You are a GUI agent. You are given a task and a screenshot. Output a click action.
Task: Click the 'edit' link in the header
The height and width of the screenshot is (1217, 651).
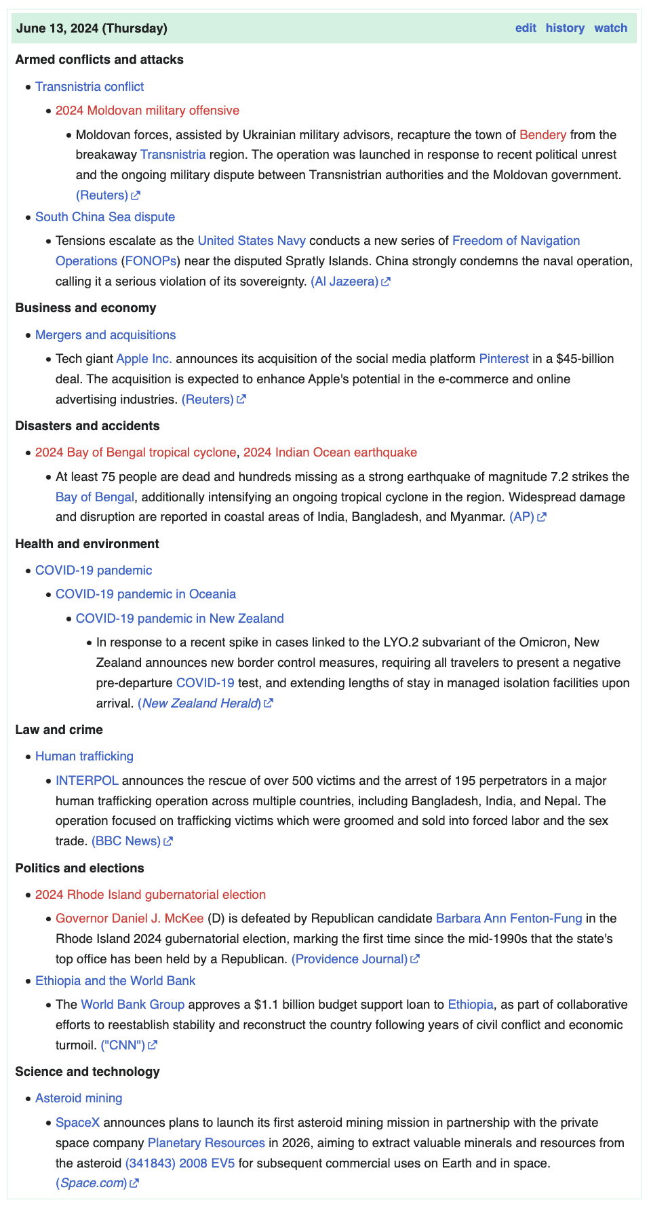tap(526, 28)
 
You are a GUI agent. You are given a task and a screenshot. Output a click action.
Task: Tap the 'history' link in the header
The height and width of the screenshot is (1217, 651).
tap(565, 28)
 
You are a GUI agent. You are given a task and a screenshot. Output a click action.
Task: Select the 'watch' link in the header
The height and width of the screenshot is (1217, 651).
tap(610, 28)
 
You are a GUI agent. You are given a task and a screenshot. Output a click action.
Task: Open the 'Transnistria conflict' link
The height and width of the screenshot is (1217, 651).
tap(90, 86)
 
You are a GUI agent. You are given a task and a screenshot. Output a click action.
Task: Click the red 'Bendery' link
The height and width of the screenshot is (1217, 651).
tap(542, 134)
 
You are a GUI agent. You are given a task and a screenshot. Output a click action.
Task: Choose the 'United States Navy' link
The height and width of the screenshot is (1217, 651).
tap(252, 240)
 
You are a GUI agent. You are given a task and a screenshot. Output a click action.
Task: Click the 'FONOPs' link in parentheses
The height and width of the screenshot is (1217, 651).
tap(151, 260)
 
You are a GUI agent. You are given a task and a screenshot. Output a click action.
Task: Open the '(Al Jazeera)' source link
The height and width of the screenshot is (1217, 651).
tap(344, 281)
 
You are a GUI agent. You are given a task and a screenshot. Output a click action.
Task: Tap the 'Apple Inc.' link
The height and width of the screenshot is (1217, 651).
tap(144, 358)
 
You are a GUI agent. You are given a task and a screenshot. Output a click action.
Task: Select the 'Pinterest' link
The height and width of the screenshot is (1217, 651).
tap(503, 358)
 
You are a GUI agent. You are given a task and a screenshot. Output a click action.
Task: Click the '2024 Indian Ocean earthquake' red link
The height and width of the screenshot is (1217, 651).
tap(330, 452)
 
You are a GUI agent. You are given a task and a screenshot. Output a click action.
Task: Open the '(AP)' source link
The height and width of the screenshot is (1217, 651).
tap(522, 517)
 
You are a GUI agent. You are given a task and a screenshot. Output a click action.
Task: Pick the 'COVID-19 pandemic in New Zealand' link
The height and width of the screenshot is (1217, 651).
tap(180, 618)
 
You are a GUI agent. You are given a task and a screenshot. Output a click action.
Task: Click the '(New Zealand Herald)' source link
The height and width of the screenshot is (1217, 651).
tap(199, 703)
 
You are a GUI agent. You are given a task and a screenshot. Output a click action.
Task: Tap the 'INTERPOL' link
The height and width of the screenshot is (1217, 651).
tap(87, 780)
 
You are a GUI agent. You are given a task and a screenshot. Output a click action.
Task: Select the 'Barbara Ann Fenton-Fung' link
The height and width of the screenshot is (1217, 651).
tap(509, 918)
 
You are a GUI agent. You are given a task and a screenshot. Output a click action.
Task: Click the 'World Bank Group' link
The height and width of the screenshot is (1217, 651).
tap(132, 1004)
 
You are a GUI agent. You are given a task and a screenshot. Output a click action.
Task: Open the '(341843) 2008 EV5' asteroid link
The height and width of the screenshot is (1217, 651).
tap(180, 1163)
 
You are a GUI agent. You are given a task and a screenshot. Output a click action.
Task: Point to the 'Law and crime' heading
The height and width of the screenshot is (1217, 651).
tap(59, 729)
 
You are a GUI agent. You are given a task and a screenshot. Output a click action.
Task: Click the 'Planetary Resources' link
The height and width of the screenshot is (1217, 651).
tap(206, 1142)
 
